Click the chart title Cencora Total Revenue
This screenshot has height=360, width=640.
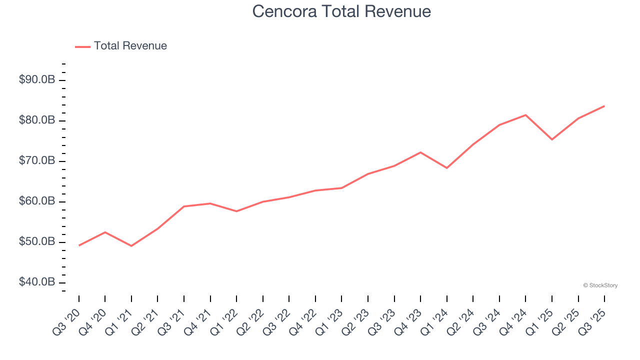coord(341,11)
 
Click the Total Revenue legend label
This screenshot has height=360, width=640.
coord(130,46)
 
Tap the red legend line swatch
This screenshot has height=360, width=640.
coord(82,46)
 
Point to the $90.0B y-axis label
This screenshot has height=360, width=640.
coord(37,80)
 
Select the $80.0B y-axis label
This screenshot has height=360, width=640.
coord(37,120)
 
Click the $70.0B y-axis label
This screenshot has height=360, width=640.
coord(37,161)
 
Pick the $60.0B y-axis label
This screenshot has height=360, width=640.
coord(37,201)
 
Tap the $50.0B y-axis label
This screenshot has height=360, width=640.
coord(37,242)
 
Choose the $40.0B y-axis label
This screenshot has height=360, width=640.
coord(37,282)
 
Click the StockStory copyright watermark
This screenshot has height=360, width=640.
coord(600,285)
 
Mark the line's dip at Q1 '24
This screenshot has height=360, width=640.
coord(446,168)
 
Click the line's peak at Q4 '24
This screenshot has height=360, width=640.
coord(525,115)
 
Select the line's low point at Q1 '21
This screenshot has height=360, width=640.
coord(131,246)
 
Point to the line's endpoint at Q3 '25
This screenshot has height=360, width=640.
coord(604,106)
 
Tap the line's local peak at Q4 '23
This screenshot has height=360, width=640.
coord(420,152)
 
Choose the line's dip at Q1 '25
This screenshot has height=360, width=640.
coord(552,139)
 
